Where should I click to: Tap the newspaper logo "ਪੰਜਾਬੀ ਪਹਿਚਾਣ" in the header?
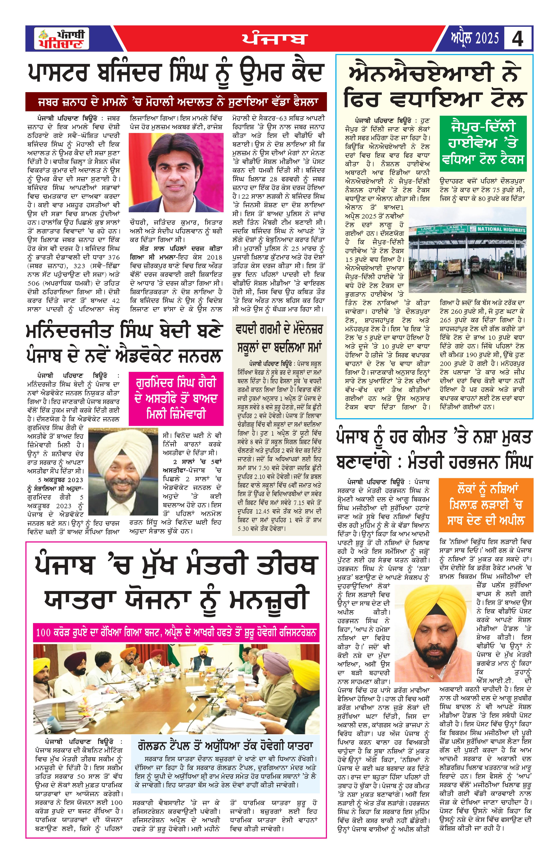[x=62, y=38]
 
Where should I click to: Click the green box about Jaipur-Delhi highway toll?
[x=483, y=143]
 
